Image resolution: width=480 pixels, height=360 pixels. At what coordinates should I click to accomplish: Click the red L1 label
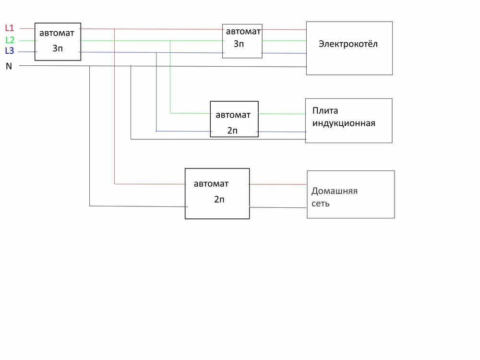click(9, 28)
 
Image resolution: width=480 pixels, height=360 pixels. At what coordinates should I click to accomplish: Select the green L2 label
click(10, 40)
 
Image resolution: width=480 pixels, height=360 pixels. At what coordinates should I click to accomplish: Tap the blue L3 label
click(9, 51)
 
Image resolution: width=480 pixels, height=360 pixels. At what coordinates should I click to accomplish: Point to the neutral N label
click(9, 66)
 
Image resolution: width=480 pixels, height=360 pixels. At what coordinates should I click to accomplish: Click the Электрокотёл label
click(348, 44)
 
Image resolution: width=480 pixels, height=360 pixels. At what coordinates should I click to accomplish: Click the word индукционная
click(343, 123)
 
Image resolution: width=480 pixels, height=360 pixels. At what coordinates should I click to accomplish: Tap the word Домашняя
click(335, 191)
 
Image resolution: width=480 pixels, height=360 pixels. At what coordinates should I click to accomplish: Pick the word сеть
click(320, 204)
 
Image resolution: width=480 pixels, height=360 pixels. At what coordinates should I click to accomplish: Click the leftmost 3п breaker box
click(58, 41)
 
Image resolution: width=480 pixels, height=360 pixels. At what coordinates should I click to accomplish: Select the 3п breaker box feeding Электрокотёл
click(242, 41)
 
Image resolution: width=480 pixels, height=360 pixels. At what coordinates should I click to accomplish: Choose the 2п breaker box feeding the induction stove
click(234, 119)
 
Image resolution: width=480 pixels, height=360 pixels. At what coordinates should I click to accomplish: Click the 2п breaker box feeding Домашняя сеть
click(217, 193)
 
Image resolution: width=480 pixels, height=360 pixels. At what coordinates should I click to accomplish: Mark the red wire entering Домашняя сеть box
click(278, 184)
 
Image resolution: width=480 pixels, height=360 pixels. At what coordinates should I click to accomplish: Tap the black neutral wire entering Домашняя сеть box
click(278, 207)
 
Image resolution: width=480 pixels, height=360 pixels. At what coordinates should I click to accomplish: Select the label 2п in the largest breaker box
click(219, 200)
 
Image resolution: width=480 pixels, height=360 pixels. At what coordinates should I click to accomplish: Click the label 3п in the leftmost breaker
click(57, 48)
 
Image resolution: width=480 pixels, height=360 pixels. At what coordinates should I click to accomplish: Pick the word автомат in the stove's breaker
click(233, 115)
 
